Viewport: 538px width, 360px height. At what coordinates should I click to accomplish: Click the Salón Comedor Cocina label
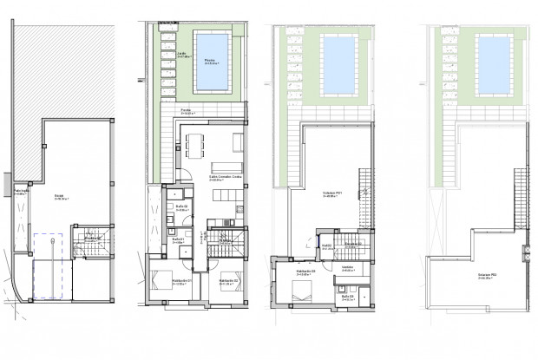click(224, 178)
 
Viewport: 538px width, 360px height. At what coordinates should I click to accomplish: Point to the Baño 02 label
click(181, 207)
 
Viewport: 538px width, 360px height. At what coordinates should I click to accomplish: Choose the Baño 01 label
click(177, 241)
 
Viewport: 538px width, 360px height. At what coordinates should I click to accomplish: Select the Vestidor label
click(346, 267)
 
